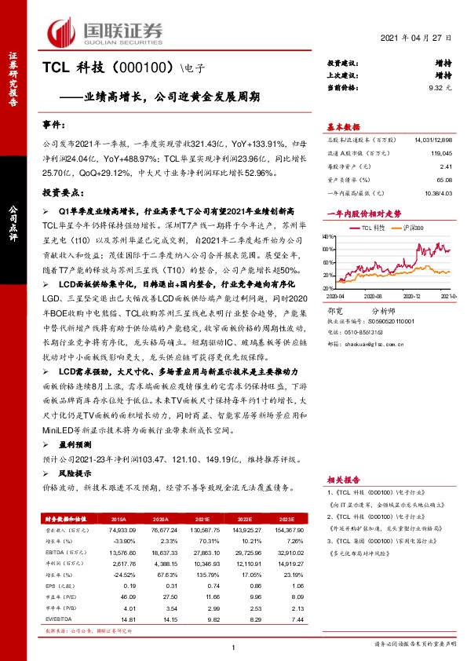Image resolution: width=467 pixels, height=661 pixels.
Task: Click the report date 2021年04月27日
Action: (x=417, y=38)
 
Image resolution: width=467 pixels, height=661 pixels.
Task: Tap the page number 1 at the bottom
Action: (x=234, y=646)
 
